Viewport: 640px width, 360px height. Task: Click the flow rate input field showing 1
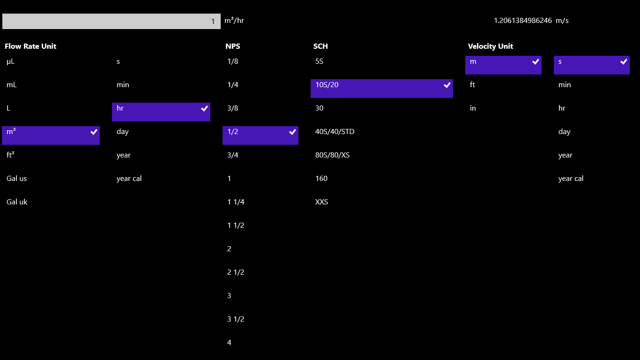(x=111, y=21)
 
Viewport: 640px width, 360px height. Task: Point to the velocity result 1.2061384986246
(x=522, y=21)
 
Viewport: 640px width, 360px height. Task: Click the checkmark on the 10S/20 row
(x=447, y=85)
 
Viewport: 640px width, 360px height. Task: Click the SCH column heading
(x=320, y=46)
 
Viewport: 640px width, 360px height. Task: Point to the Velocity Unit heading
(x=490, y=46)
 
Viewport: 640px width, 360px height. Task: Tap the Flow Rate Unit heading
(x=30, y=46)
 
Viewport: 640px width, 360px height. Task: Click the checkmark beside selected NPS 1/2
(x=292, y=132)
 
